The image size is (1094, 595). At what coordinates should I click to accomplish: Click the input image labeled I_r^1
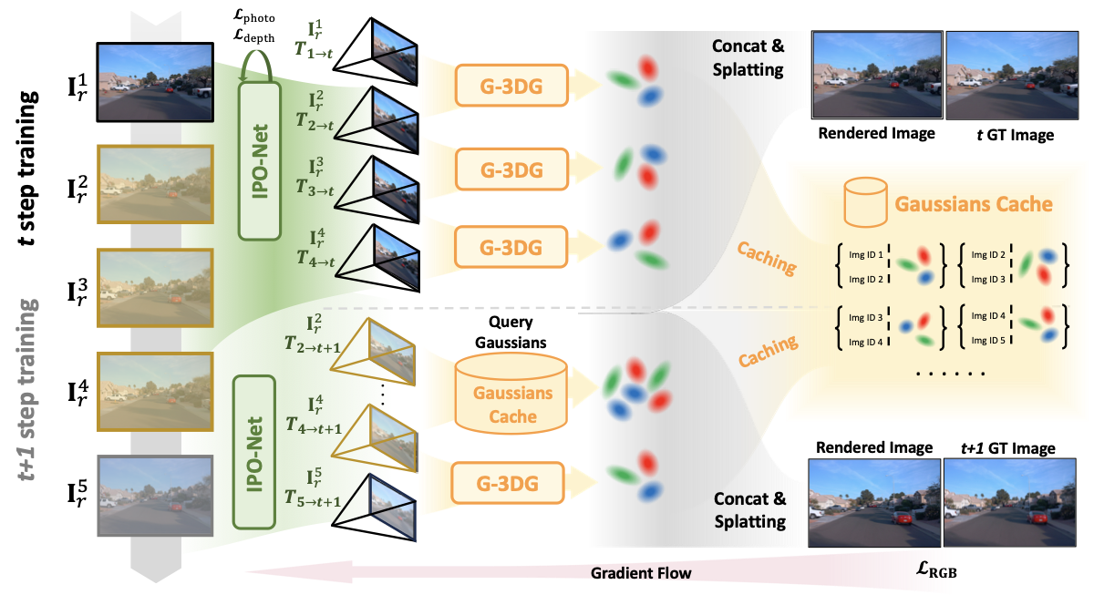[155, 82]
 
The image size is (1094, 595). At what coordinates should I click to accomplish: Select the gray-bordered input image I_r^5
[155, 496]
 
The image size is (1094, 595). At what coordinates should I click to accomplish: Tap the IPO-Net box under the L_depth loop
[259, 161]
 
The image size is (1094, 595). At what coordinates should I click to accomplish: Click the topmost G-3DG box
[511, 86]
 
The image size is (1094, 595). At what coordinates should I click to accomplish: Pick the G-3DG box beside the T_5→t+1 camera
[508, 483]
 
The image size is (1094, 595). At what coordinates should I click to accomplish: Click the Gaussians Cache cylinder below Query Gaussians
[511, 394]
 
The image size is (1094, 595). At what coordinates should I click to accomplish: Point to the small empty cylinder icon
[865, 202]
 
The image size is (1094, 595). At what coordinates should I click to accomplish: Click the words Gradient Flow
[641, 573]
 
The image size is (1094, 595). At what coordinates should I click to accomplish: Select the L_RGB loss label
[935, 569]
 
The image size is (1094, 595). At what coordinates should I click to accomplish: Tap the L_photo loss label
[254, 16]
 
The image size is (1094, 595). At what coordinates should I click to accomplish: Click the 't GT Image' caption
[1015, 135]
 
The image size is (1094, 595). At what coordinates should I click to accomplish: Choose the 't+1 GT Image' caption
[1007, 448]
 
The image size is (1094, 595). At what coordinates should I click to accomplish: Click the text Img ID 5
[988, 340]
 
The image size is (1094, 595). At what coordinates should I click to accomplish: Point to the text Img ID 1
[866, 255]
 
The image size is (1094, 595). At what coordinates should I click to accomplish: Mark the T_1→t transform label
[314, 50]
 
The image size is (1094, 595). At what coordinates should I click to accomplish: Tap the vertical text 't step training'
[27, 168]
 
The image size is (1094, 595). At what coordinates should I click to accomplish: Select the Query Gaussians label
[511, 333]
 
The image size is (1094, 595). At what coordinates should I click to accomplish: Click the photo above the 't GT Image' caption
[1012, 75]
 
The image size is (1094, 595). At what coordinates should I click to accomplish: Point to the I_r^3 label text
[77, 292]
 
